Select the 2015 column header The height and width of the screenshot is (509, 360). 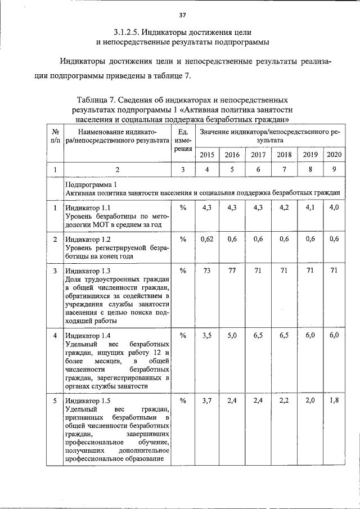[207, 155]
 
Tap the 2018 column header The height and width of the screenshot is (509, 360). [285, 155]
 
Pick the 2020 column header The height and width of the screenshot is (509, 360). [334, 155]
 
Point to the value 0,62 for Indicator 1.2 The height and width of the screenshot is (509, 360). [207, 239]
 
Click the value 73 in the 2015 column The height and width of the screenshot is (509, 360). [207, 271]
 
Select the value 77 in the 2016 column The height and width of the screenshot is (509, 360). [232, 271]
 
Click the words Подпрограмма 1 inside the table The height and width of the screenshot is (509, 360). [91, 184]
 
